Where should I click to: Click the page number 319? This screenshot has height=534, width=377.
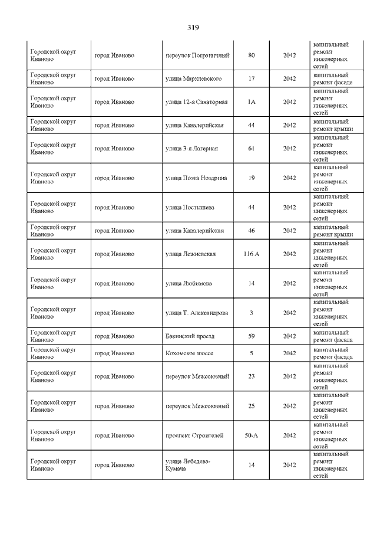[193, 27]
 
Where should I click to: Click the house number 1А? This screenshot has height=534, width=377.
[251, 102]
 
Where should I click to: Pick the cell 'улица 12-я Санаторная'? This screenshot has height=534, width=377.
[196, 102]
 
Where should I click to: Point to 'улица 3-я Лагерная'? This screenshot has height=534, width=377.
[191, 149]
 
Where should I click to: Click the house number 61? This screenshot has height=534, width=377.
[251, 149]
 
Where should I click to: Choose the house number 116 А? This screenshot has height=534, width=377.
[251, 254]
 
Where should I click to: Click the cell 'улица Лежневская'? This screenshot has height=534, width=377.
[190, 254]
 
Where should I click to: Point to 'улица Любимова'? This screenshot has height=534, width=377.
[188, 283]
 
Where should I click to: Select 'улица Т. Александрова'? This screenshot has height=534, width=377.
[197, 313]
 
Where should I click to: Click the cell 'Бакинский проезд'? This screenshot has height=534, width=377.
[190, 336]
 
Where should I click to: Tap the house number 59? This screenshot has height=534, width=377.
[251, 336]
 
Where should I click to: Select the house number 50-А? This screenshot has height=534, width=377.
[251, 435]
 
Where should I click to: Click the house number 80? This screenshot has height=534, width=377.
[251, 55]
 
